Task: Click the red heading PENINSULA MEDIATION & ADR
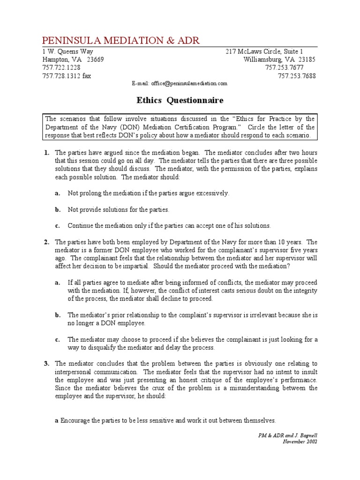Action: (x=121, y=40)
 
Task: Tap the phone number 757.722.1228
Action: (x=61, y=67)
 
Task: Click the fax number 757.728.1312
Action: (x=61, y=75)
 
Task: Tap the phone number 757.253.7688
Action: (x=297, y=75)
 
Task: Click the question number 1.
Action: (x=46, y=153)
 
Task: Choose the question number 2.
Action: (x=46, y=242)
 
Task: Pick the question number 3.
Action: (x=46, y=363)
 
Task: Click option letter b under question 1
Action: (x=57, y=210)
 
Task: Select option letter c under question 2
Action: (x=57, y=339)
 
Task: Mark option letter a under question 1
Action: (x=57, y=193)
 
